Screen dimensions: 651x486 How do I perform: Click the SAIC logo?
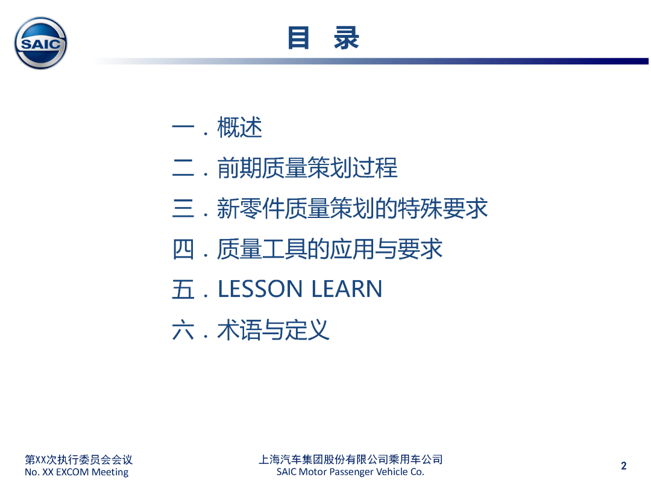(x=41, y=43)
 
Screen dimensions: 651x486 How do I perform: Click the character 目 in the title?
(x=298, y=38)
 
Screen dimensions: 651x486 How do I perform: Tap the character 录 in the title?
(x=346, y=38)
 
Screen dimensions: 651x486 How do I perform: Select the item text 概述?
(x=239, y=127)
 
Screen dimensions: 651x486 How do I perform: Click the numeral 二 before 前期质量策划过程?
(x=183, y=168)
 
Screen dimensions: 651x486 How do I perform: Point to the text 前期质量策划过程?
(x=307, y=168)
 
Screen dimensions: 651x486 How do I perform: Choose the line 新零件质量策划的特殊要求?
(x=352, y=208)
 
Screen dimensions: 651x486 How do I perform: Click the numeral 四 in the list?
(x=183, y=249)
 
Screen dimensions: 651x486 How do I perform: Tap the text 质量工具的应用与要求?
(x=330, y=249)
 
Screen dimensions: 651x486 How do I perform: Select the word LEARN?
(x=347, y=289)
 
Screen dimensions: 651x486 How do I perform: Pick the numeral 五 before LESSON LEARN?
(x=183, y=290)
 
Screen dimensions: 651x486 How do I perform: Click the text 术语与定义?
(x=273, y=330)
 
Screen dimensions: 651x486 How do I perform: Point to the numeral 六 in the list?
(x=183, y=330)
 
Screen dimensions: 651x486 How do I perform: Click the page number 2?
(x=624, y=466)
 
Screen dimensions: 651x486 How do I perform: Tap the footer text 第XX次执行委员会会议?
(x=78, y=460)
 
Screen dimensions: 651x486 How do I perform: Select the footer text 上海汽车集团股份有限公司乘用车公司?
(x=350, y=460)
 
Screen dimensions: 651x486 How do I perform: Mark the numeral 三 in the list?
(x=183, y=208)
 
